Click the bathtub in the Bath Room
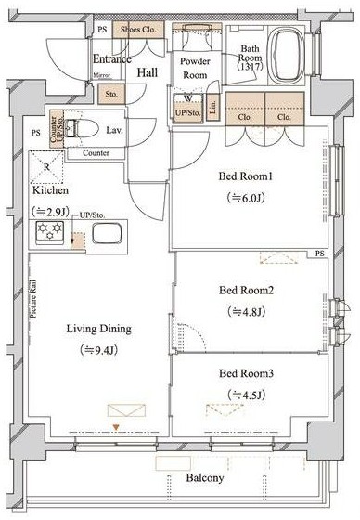(x=286, y=56)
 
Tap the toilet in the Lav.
(x=81, y=128)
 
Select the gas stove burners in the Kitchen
(x=50, y=232)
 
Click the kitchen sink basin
(x=107, y=233)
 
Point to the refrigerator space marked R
(x=46, y=167)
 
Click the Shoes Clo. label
(x=138, y=30)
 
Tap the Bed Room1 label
(x=246, y=176)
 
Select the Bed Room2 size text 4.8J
(x=246, y=312)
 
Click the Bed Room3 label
(x=246, y=373)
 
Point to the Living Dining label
(x=98, y=329)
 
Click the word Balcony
(x=205, y=478)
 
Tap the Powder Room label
(x=195, y=68)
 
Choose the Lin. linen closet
(x=212, y=107)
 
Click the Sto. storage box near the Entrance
(x=111, y=94)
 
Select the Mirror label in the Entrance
(x=101, y=75)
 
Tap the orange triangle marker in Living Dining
(x=116, y=427)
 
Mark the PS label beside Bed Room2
(x=320, y=253)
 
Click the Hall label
(x=148, y=72)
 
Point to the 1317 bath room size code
(x=250, y=66)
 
